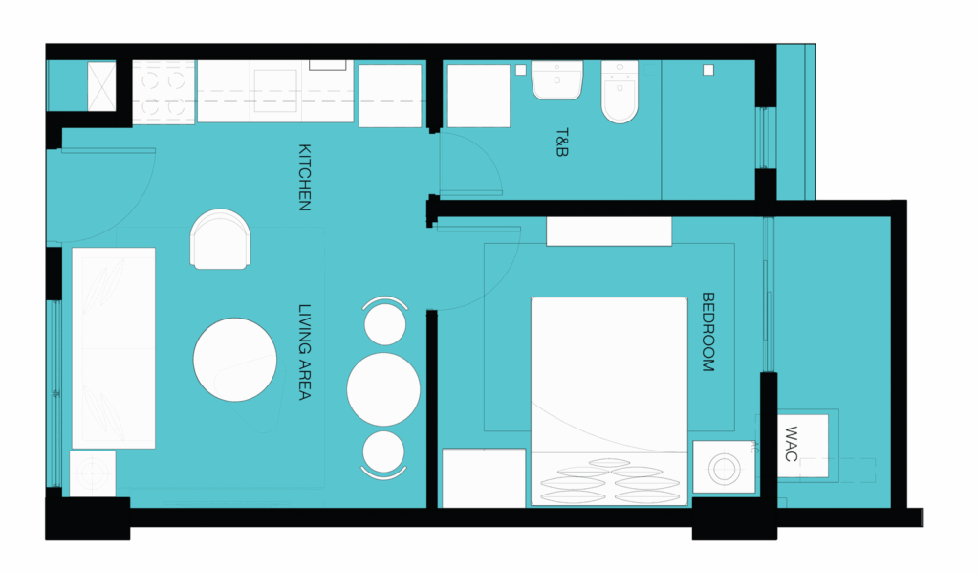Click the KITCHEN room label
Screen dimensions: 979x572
305,177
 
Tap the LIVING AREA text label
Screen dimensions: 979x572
305,352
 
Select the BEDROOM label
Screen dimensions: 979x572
708,332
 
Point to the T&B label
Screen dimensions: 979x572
562,143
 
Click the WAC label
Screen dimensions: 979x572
791,444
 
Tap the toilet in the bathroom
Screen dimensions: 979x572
620,91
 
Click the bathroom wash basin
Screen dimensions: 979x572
557,80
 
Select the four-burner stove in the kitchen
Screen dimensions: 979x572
163,93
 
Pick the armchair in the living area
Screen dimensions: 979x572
221,239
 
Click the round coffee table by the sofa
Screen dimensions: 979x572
235,360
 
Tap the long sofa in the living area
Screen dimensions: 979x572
114,348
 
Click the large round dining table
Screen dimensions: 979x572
383,389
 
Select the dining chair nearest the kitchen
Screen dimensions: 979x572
385,321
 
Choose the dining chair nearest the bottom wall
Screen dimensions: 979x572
383,454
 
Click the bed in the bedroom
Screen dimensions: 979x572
609,401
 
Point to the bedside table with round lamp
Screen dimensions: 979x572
725,467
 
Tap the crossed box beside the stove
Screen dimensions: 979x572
101,87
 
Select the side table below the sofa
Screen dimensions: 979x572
93,474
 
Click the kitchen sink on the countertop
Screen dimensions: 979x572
274,91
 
